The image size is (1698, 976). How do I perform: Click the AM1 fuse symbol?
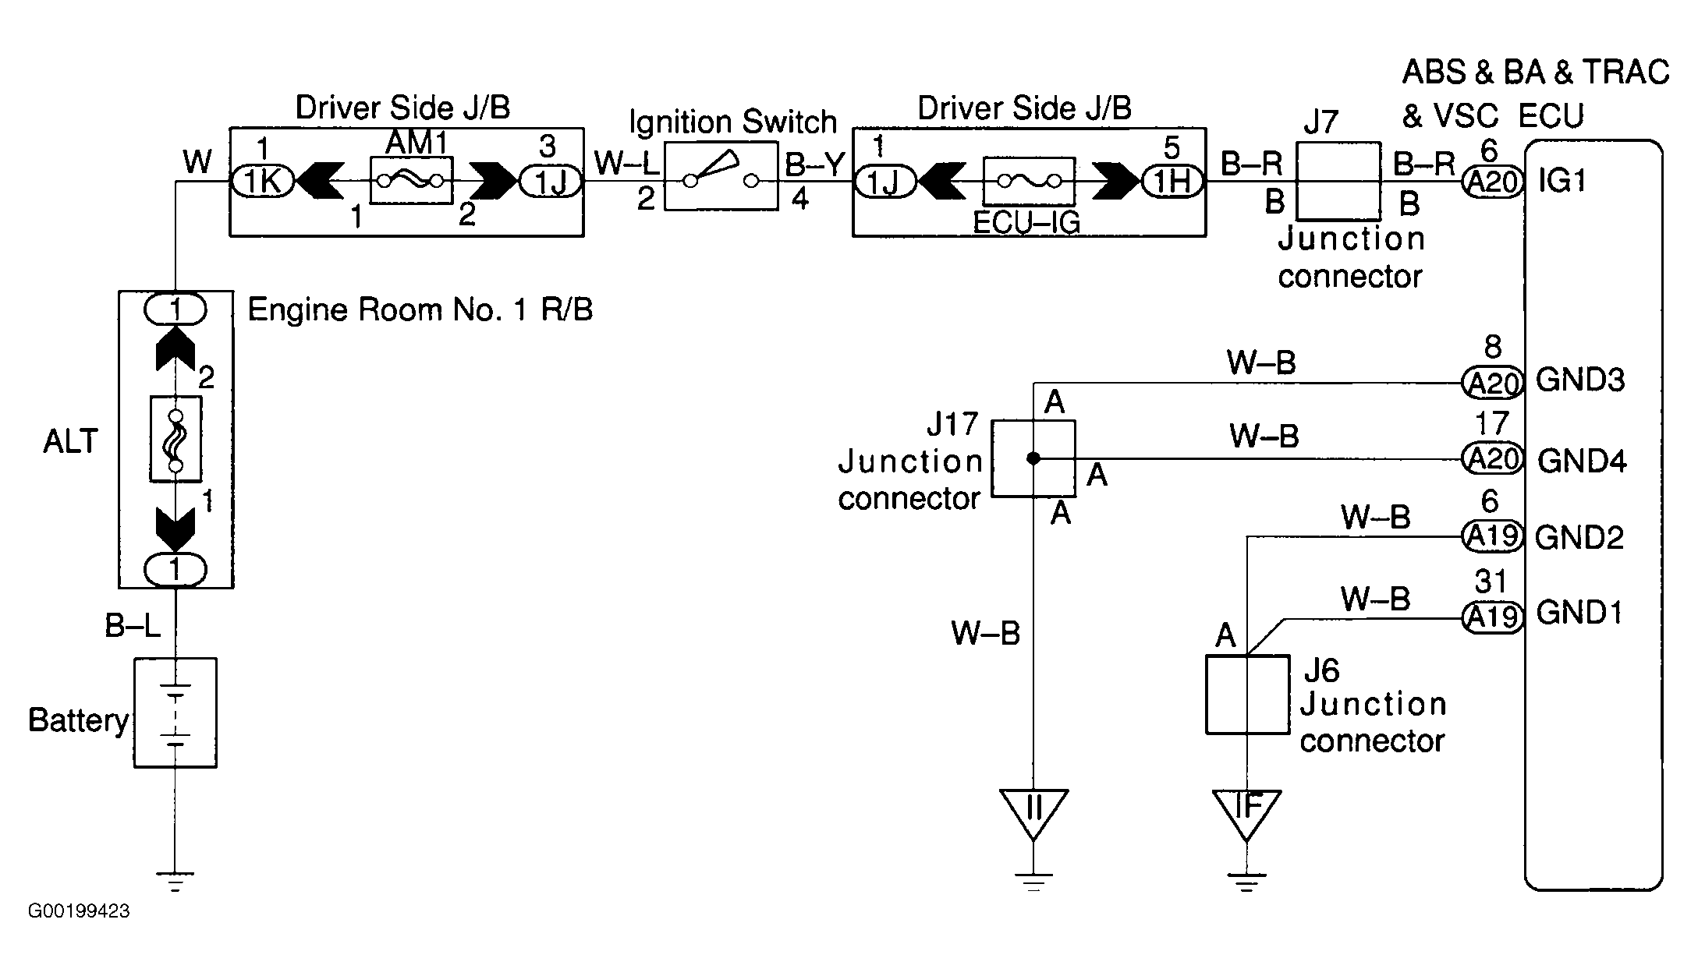pos(411,181)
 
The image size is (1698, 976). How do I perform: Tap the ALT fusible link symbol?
pos(175,439)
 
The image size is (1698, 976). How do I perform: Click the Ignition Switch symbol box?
pos(721,176)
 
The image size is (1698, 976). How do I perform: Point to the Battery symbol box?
pos(175,713)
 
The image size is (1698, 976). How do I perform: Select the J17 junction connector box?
pos(1033,458)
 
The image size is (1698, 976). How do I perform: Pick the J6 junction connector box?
pos(1247,695)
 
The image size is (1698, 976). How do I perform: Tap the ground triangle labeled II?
pos(1033,812)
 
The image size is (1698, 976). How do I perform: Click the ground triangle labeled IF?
pos(1246,812)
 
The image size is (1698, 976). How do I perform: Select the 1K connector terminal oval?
pos(263,182)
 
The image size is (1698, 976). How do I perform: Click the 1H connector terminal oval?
pos(1172,182)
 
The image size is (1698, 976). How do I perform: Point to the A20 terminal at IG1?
pos(1491,182)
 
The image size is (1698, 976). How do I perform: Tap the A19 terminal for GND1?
pos(1491,617)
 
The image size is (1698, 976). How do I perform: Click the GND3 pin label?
pos(1580,380)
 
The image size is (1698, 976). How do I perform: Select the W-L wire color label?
pos(627,164)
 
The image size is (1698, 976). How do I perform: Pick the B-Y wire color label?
pos(814,164)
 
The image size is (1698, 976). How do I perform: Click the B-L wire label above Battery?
pos(133,626)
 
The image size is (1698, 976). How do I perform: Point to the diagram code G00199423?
pos(79,911)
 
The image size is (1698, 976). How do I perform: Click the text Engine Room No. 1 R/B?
pos(420,310)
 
